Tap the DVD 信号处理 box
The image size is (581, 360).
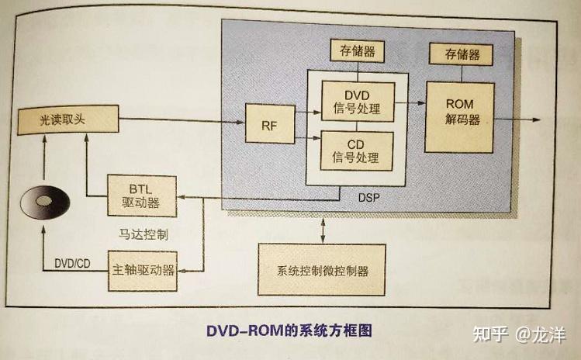357,101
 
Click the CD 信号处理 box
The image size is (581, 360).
357,151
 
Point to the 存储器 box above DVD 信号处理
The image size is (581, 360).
357,52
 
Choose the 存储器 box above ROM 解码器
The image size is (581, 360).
462,54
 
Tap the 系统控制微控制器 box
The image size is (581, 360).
321,271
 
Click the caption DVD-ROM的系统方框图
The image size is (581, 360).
289,330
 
